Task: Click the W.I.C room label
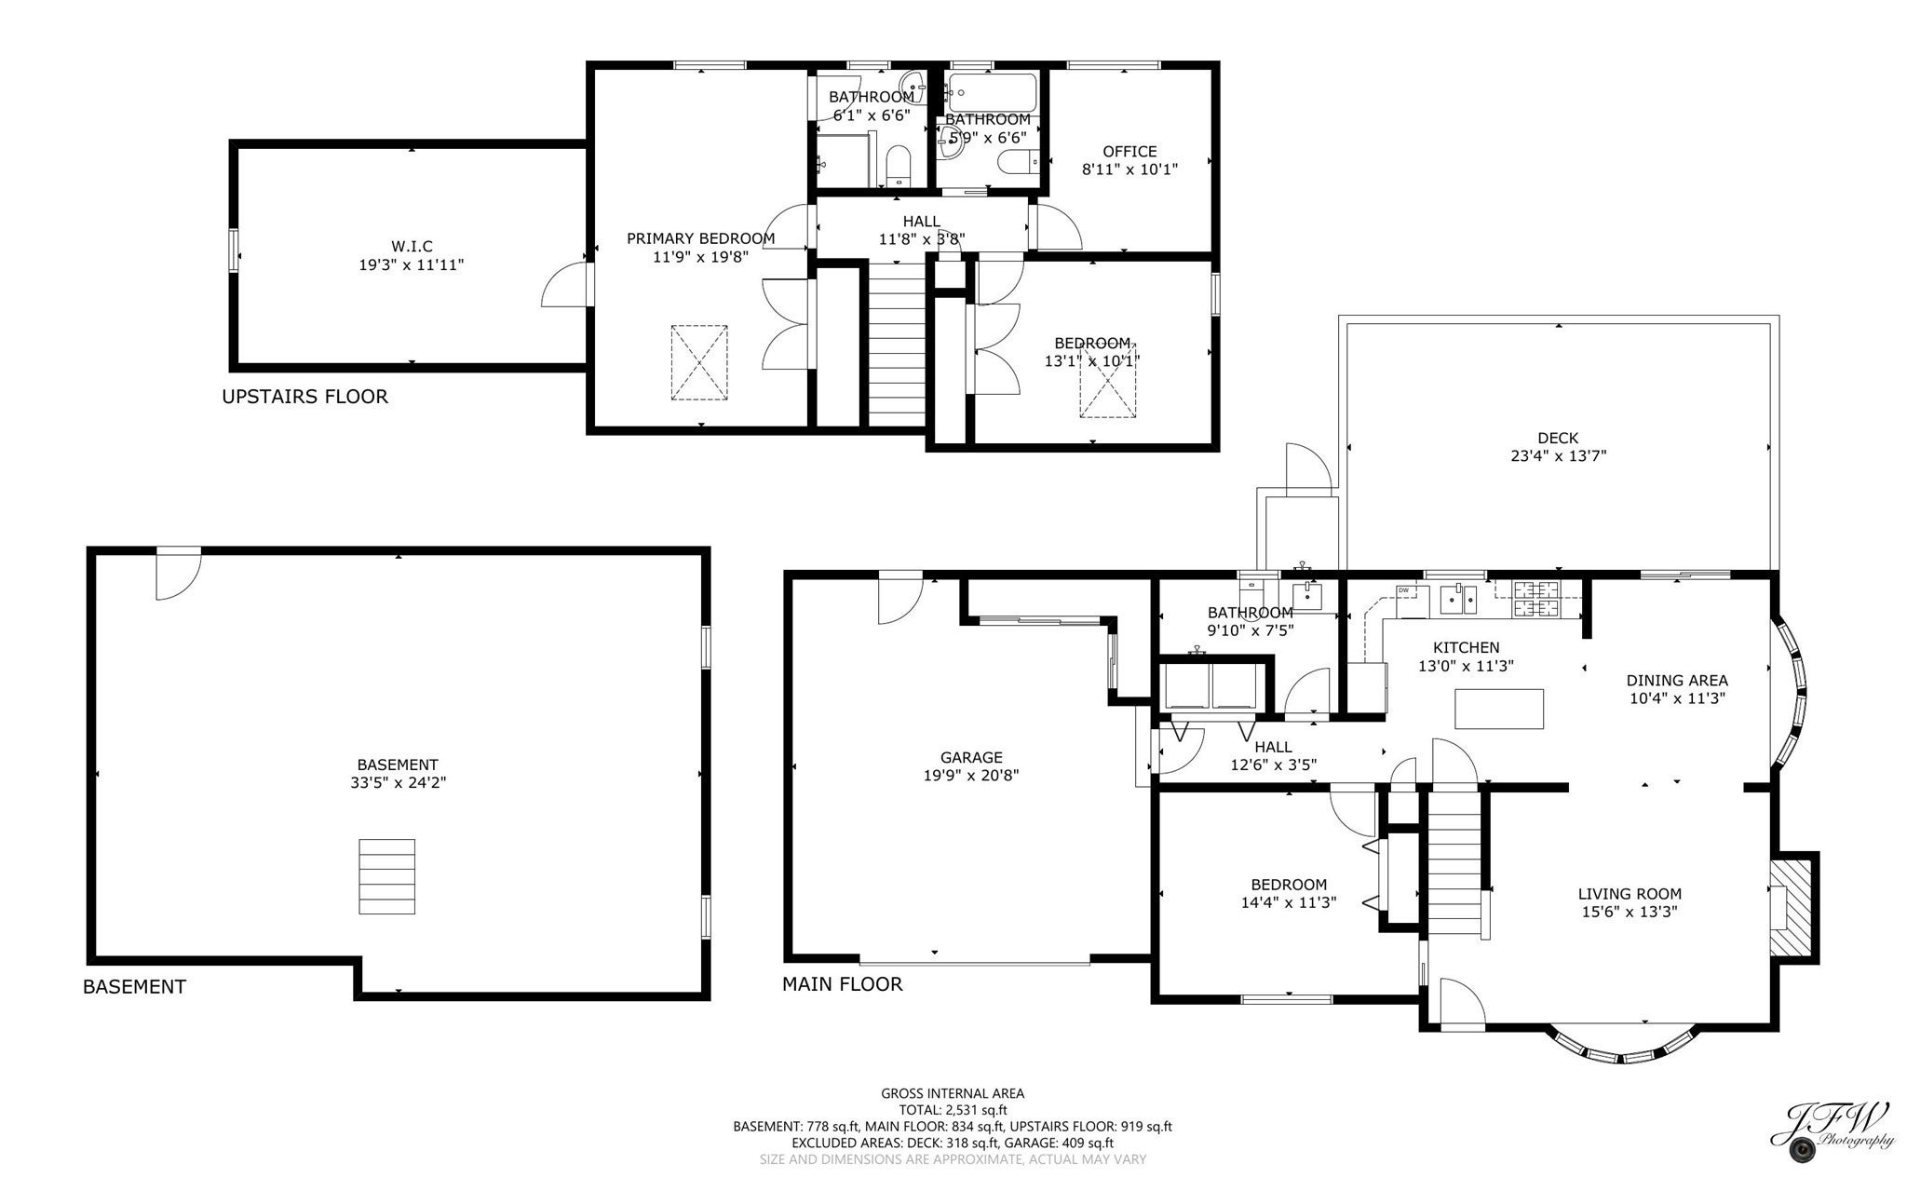point(412,246)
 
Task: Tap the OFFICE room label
point(1129,152)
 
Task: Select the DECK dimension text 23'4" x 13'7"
point(1558,456)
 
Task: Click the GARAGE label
point(971,758)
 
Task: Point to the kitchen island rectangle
point(1499,709)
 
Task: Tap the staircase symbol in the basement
point(386,876)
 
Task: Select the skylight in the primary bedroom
point(699,362)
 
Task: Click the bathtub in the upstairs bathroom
point(992,92)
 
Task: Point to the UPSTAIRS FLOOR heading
point(304,397)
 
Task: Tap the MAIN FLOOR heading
point(842,984)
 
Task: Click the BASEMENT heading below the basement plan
point(134,987)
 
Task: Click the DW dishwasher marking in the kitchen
point(1403,590)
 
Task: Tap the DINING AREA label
point(1677,681)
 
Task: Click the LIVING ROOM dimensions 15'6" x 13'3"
point(1630,913)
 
